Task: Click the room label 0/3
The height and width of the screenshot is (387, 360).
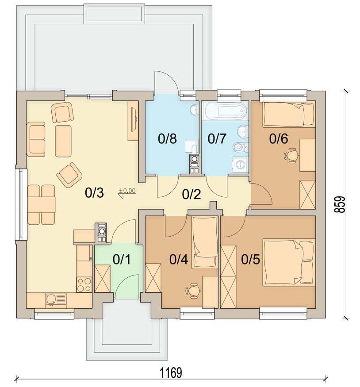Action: pos(94,193)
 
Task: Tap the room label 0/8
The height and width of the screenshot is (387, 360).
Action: pos(167,139)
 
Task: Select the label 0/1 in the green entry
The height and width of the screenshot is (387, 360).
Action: pos(122,260)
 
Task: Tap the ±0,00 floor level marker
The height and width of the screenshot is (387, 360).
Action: pos(127,193)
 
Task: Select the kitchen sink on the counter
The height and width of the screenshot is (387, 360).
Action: pos(56,300)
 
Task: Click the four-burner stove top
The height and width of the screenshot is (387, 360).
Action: pos(84,285)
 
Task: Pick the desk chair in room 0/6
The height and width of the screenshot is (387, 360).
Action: pos(291,155)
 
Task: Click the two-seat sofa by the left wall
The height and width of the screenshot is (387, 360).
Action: pos(35,139)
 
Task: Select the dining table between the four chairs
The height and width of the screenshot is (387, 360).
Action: pos(42,205)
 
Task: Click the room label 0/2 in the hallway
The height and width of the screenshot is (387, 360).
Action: pos(191,195)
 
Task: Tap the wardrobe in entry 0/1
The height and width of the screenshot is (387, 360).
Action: pos(102,279)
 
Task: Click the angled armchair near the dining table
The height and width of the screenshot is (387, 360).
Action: pos(69,175)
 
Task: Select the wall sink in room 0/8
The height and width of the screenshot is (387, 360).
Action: pos(194,110)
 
